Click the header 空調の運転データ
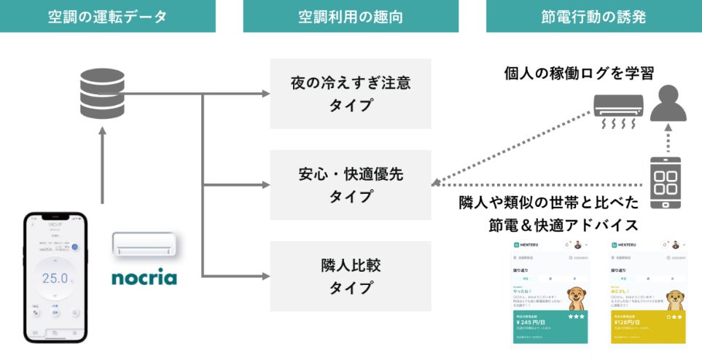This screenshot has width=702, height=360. (107, 16)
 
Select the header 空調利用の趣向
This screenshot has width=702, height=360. (351, 16)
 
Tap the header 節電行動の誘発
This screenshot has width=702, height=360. (594, 16)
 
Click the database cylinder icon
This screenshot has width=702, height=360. (102, 95)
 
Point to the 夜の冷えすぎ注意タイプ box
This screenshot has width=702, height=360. (351, 93)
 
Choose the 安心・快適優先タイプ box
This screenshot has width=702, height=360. (351, 185)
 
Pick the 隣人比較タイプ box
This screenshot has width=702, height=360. (351, 275)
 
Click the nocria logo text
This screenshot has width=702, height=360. (144, 278)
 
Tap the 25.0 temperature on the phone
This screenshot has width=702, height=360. (55, 278)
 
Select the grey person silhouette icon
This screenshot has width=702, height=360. (667, 103)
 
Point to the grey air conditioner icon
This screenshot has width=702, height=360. (618, 109)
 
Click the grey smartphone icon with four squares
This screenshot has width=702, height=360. (666, 183)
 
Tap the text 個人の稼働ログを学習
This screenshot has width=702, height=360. (579, 73)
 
